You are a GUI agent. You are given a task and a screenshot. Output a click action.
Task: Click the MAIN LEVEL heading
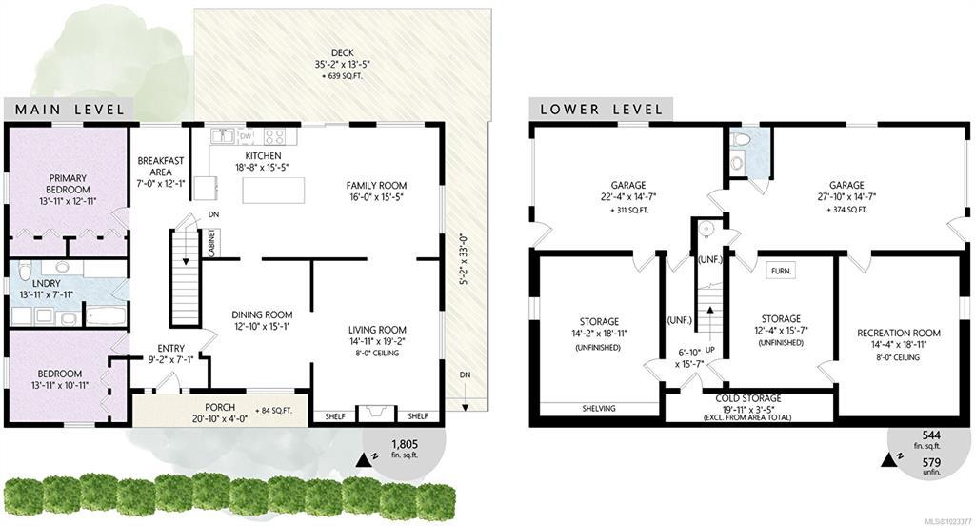coord(70,111)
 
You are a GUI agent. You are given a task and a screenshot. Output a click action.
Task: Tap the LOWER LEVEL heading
coord(602,111)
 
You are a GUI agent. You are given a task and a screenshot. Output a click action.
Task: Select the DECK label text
coord(343,53)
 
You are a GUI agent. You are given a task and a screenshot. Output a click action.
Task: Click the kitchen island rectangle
coord(273,191)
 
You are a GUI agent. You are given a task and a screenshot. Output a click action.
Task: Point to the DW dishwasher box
coord(246,135)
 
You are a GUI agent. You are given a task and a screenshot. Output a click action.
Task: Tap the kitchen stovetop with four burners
coord(274,135)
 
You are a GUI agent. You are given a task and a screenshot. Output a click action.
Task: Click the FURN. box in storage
coord(781,271)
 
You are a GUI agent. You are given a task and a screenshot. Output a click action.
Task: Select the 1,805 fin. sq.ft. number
coord(404,444)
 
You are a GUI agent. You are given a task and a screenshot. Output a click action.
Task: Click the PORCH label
coord(220,408)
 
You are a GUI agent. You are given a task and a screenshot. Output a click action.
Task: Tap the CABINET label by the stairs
coord(211,242)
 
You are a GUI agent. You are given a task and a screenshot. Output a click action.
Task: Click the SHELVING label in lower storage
coord(599,409)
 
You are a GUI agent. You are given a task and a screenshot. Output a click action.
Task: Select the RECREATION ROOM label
coord(899,333)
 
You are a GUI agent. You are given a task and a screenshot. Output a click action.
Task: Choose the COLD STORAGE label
coord(748,398)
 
